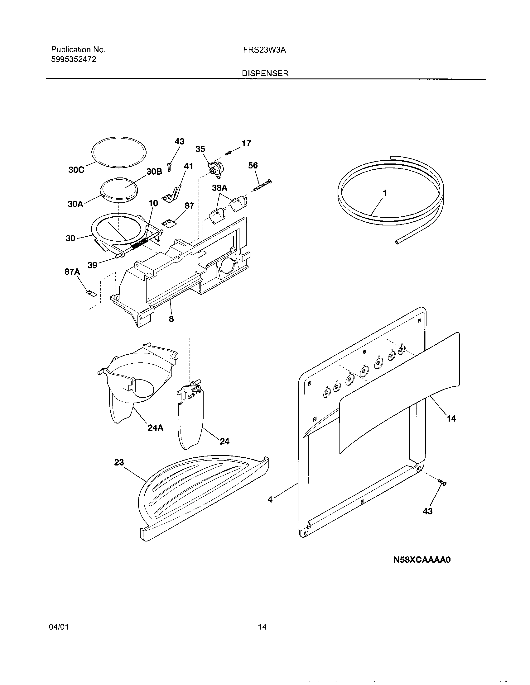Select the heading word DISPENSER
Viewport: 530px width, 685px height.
tap(265, 73)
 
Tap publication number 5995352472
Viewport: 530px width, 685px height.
tap(74, 59)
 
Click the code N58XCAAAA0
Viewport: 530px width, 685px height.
tap(422, 560)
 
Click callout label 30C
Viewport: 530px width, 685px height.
tap(76, 170)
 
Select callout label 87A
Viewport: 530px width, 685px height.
tap(72, 272)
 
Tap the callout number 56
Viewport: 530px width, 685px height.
tap(253, 165)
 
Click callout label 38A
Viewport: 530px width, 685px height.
tap(219, 188)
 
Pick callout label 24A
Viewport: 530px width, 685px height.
tap(156, 428)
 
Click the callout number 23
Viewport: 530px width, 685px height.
tap(119, 462)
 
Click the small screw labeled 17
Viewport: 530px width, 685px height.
tap(229, 153)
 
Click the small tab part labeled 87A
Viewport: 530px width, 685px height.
tap(91, 293)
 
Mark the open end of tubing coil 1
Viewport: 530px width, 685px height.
tap(397, 242)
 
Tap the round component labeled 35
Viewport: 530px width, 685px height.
tap(214, 169)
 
